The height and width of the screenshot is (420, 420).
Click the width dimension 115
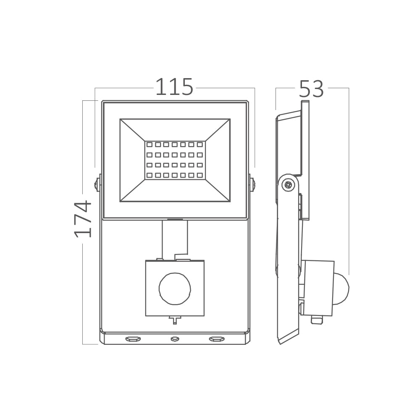[174, 87]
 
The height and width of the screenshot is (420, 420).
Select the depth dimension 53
[312, 89]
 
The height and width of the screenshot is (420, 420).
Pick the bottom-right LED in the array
[200, 175]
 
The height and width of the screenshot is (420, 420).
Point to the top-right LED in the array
[200, 144]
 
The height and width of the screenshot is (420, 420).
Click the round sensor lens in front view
[175, 289]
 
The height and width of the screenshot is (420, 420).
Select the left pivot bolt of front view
[97, 184]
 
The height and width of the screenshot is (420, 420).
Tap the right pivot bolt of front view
[252, 184]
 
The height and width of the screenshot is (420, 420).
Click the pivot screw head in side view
[288, 184]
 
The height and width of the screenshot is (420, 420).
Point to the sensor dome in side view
[341, 289]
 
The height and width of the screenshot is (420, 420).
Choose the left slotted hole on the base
[133, 339]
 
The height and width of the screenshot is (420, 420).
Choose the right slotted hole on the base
[217, 339]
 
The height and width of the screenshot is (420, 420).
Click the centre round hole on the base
[175, 339]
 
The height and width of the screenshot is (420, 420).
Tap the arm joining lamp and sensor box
[174, 239]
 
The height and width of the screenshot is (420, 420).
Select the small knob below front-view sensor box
[175, 320]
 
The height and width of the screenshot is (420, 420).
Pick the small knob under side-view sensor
[317, 320]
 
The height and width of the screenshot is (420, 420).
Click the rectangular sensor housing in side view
[318, 288]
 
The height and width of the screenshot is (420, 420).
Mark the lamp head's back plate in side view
[305, 160]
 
